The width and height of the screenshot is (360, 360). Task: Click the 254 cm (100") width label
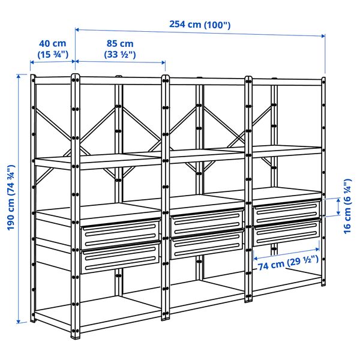point(200,25)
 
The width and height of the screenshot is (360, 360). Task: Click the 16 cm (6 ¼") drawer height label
point(349,207)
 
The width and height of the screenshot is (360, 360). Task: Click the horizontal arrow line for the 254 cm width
point(200,33)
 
